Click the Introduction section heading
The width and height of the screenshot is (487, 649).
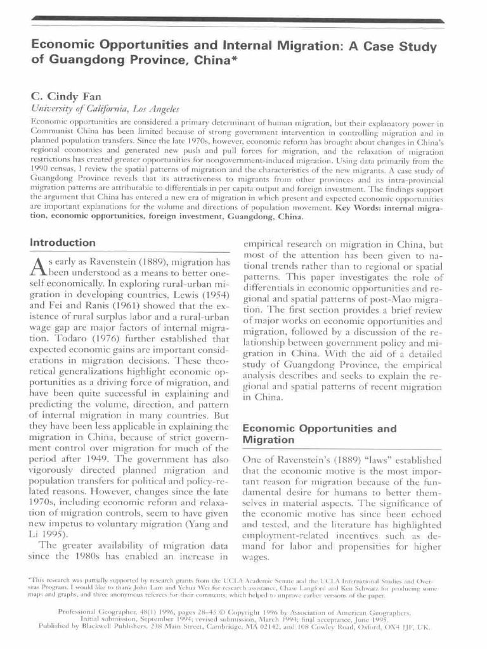(63, 243)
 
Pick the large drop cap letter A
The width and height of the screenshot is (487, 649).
(38, 270)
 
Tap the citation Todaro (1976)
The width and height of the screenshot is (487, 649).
(76, 339)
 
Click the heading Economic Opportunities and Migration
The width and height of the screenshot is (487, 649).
(319, 434)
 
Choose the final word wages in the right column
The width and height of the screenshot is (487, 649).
(256, 558)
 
